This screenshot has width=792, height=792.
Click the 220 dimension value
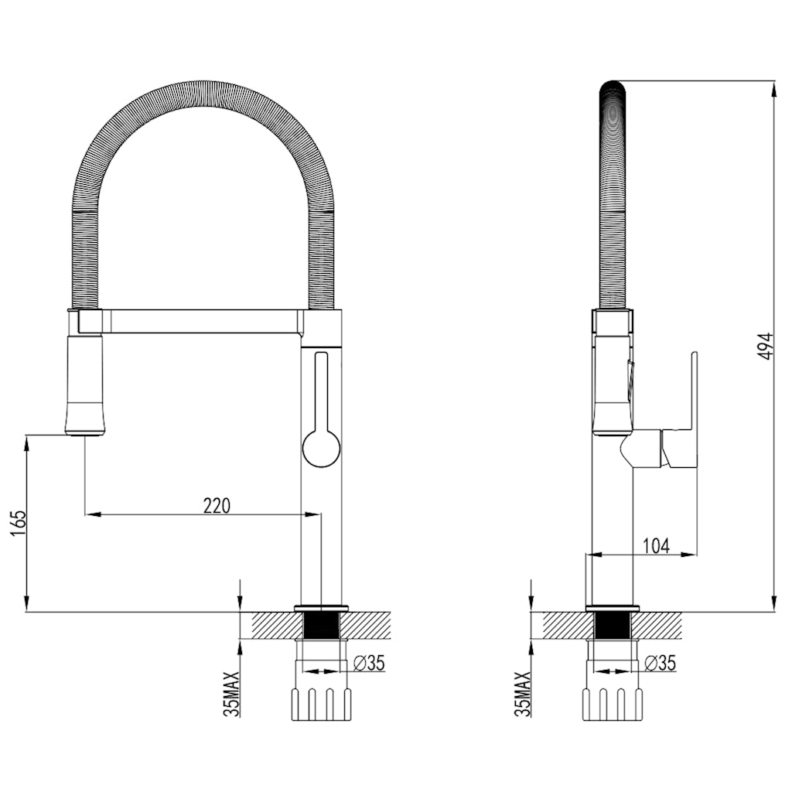click(x=217, y=505)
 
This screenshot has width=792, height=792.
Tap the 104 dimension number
click(x=656, y=546)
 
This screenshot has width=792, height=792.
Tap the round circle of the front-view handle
click(x=321, y=448)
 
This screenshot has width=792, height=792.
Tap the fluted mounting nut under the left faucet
click(x=321, y=703)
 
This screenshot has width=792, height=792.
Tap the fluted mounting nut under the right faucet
click(x=613, y=703)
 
